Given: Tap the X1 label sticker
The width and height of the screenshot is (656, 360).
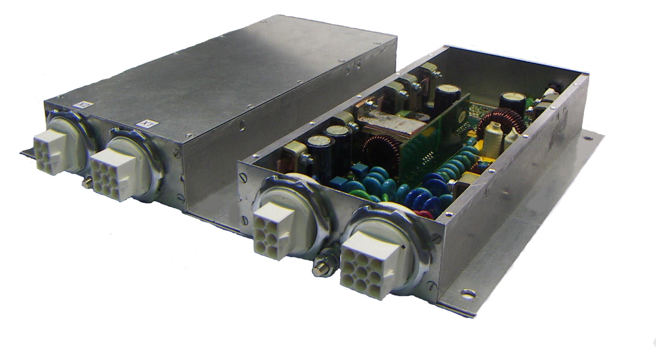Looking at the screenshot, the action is coord(142,123).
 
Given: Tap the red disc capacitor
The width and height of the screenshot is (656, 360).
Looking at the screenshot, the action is coord(422,214).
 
